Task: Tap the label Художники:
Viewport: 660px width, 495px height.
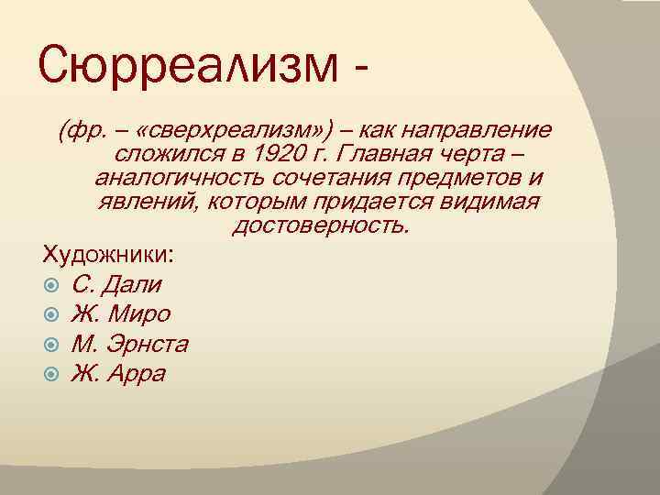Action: (x=111, y=254)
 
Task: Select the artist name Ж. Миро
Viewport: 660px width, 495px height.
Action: (x=121, y=313)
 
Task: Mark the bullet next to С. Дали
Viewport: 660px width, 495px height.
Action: (x=52, y=284)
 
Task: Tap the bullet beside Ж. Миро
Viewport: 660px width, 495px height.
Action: (x=52, y=314)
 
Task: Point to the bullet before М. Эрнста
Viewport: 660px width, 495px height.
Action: (x=52, y=345)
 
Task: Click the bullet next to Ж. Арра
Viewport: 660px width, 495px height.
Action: (x=52, y=375)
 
